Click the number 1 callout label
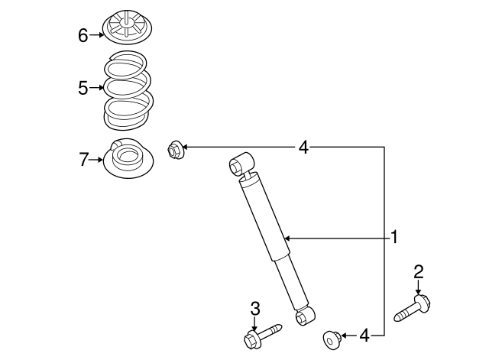(394, 237)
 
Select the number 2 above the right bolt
(418, 271)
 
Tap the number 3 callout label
(255, 308)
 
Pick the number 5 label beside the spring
(83, 89)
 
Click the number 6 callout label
(83, 34)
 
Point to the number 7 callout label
(83, 160)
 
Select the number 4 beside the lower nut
(364, 335)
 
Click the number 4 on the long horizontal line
(303, 147)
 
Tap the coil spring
(128, 92)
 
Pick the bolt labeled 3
(260, 334)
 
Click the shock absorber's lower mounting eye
(306, 313)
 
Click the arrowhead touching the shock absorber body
(288, 238)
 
